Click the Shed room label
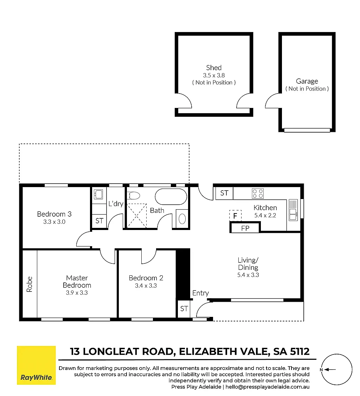[x=214, y=68]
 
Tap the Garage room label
[x=307, y=81]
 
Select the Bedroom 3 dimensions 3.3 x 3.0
[x=54, y=222]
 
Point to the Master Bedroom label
[x=77, y=282]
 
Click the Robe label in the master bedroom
[x=30, y=285]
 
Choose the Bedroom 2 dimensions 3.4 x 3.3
[x=146, y=286]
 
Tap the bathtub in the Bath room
[x=171, y=197]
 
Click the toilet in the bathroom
[x=134, y=195]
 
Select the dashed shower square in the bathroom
[x=136, y=216]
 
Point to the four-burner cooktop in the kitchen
[x=258, y=193]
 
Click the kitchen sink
[x=293, y=210]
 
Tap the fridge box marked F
[x=235, y=216]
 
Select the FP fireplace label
[x=245, y=228]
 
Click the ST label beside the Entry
[x=184, y=309]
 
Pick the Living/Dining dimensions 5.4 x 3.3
[x=248, y=275]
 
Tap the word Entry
[x=200, y=293]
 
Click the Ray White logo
[x=36, y=365]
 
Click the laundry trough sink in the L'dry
[x=98, y=194]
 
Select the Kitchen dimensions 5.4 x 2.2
[x=265, y=216]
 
